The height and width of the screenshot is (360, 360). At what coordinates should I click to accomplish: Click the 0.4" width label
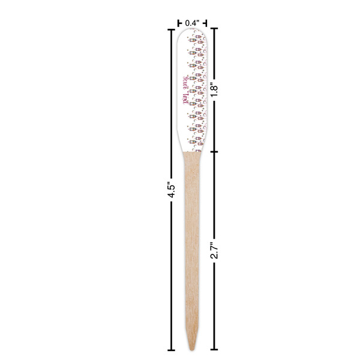click(x=192, y=23)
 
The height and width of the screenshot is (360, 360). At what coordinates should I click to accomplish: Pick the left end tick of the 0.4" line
click(x=179, y=23)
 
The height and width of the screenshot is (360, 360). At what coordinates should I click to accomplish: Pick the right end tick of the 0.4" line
click(x=206, y=23)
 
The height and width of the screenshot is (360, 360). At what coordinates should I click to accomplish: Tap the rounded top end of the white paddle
click(x=193, y=31)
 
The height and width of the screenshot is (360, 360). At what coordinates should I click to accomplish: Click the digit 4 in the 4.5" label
click(x=170, y=196)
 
